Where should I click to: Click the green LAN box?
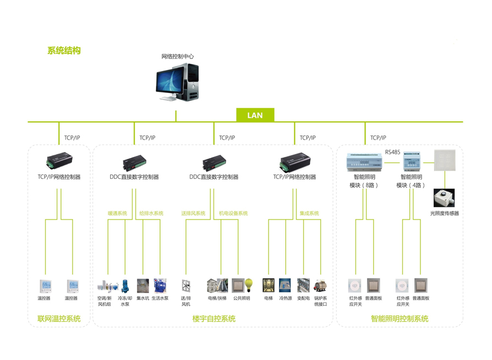point(255,115)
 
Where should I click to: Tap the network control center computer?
point(177,83)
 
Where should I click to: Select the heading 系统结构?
point(64,51)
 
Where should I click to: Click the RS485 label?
point(392,152)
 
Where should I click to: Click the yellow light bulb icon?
point(248,285)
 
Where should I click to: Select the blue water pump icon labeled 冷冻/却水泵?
point(125,286)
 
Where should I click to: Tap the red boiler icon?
point(320,286)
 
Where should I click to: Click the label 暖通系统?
point(117,214)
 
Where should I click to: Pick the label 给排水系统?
point(151,214)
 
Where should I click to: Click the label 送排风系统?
point(193,214)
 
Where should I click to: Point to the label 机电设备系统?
point(233,214)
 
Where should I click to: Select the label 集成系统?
point(309,214)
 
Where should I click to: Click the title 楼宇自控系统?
point(214,319)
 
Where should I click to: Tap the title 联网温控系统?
point(59,319)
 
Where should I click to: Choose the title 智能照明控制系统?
point(400,319)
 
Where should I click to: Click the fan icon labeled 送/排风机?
point(186,286)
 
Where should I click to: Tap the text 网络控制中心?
point(177,57)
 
